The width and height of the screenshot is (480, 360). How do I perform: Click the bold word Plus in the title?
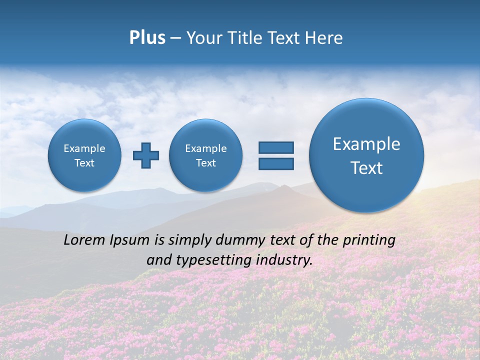(x=147, y=38)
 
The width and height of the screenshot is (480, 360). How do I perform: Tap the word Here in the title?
(x=324, y=38)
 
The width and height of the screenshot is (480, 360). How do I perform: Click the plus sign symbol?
(x=146, y=155)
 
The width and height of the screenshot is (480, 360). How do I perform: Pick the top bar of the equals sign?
(x=276, y=147)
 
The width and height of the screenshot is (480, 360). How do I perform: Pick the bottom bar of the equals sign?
(x=276, y=163)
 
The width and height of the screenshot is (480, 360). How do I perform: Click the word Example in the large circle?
(x=366, y=144)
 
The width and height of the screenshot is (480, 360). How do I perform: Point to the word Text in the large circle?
(x=366, y=168)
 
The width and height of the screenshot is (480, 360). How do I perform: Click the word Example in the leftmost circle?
(x=84, y=148)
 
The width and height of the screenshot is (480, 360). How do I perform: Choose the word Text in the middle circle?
(x=206, y=163)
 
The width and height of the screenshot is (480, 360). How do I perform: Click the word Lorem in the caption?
(x=84, y=240)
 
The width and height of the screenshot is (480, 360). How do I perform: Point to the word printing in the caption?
(x=368, y=240)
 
